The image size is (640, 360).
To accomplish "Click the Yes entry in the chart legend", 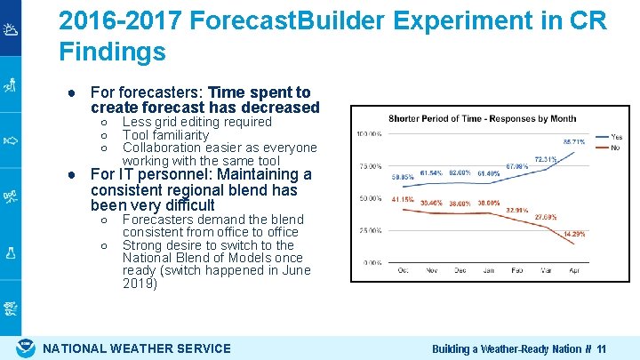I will coord(616,137).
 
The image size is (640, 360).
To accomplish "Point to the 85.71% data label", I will coord(574,141).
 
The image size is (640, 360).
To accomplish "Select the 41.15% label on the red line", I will coord(404,199).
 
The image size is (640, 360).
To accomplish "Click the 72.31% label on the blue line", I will coord(545,160).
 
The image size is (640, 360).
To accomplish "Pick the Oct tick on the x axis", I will coord(403,270).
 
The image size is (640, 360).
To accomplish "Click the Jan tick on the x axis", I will coord(489,270).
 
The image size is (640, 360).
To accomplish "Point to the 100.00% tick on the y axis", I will coord(369,134).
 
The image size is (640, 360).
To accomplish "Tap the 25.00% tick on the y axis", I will coord(370,230).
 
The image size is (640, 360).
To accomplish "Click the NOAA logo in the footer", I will coord(27,348).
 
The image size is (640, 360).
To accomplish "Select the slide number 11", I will coord(602,349).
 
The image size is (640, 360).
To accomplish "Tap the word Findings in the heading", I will coord(112,52).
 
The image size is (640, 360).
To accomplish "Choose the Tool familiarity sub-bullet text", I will coord(165,135).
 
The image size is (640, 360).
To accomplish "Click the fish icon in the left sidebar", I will coord(11,140).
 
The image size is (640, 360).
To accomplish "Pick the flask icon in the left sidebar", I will coord(11,252).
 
